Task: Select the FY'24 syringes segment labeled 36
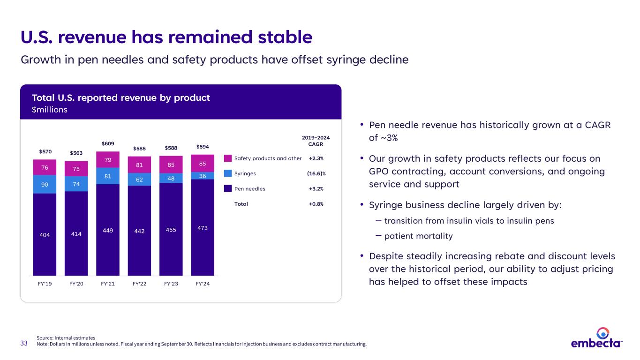point(203,176)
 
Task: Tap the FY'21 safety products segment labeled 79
point(108,160)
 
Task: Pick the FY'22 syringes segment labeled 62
point(139,179)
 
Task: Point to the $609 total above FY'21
point(108,143)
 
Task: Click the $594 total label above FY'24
point(203,147)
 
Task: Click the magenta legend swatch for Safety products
point(228,158)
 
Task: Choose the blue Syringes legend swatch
point(228,173)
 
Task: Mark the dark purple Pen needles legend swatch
point(228,189)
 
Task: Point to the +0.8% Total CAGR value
point(316,204)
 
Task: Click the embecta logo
point(596,338)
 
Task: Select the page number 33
point(24,344)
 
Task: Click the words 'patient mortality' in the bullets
point(418,236)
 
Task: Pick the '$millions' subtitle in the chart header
point(50,110)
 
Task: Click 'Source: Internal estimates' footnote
point(66,337)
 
